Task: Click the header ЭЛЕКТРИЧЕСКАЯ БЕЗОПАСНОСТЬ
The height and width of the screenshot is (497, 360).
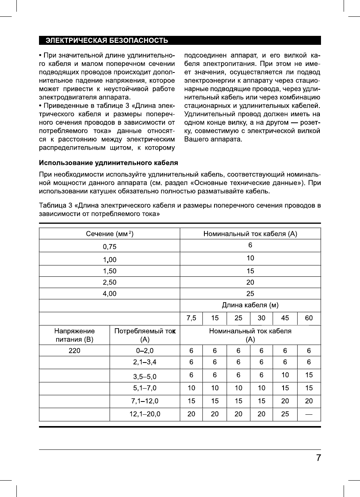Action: (x=107, y=41)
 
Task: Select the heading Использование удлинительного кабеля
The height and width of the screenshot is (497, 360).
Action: (x=108, y=162)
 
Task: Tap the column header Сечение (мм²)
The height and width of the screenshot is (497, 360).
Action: (x=109, y=234)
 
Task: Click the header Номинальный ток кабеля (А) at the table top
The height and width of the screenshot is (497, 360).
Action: (x=250, y=234)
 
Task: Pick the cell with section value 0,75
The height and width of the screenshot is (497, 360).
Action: (x=109, y=246)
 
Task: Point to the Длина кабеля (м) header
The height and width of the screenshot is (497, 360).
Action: (x=250, y=305)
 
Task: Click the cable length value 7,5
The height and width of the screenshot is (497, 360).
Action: (x=191, y=318)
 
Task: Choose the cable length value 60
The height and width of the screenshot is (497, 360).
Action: (x=309, y=318)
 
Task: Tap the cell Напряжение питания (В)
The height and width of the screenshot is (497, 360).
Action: (x=74, y=335)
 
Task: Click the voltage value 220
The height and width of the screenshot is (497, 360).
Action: (x=74, y=350)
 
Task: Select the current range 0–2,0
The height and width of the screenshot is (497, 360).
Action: (x=145, y=350)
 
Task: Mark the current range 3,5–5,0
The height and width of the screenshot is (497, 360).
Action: (x=145, y=377)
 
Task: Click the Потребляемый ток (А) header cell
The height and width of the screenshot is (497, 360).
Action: (x=145, y=335)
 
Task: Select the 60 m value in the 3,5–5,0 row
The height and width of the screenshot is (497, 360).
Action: (x=309, y=376)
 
